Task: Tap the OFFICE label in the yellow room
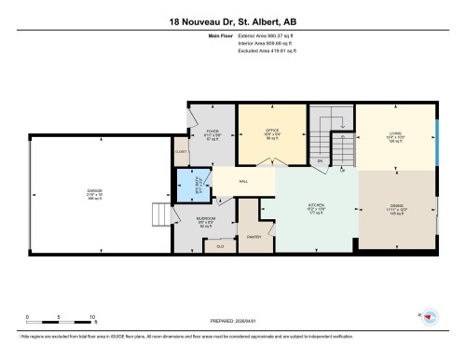[273, 131]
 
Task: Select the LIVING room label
[395, 133]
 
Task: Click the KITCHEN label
[315, 208]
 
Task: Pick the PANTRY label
[252, 237]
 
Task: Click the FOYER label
[211, 132]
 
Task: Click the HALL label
[243, 181]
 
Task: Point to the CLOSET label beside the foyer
[181, 151]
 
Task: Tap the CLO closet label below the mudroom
[220, 245]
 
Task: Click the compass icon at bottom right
[430, 318]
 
